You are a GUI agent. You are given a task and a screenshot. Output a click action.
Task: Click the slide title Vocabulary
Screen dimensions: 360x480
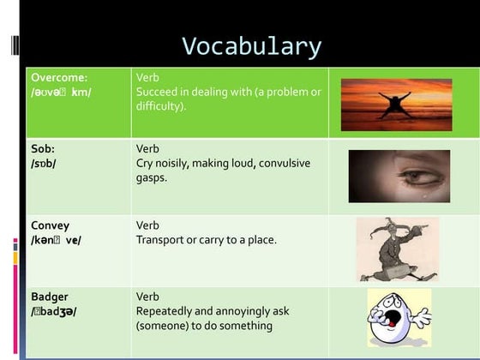pyautogui.click(x=251, y=46)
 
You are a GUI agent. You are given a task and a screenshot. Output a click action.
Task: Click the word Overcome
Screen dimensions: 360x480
pyautogui.click(x=57, y=77)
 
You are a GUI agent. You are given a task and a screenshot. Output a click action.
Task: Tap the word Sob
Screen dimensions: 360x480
pyautogui.click(x=43, y=148)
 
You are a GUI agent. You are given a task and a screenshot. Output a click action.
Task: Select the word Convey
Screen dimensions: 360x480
pyautogui.click(x=50, y=225)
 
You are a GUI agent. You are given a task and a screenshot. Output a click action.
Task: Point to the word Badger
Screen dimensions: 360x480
pyautogui.click(x=50, y=297)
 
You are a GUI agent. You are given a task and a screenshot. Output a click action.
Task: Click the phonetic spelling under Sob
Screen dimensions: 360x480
pyautogui.click(x=45, y=163)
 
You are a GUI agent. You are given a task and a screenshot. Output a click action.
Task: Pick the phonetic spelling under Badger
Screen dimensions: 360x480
pyautogui.click(x=53, y=311)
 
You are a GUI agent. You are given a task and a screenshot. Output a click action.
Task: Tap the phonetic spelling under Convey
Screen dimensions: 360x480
pyautogui.click(x=56, y=240)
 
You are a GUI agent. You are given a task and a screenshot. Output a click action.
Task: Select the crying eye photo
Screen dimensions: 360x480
pyautogui.click(x=399, y=175)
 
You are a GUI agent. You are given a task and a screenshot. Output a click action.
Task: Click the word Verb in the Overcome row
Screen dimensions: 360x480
pyautogui.click(x=147, y=77)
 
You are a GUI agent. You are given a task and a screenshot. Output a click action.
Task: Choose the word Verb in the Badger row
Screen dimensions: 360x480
pyautogui.click(x=147, y=297)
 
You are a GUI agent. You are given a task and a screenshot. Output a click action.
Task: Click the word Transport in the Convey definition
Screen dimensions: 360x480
pyautogui.click(x=159, y=240)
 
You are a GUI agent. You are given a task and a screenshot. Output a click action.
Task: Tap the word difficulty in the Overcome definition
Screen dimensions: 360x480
pyautogui.click(x=159, y=106)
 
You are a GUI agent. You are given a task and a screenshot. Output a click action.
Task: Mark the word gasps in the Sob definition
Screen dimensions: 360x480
pyautogui.click(x=151, y=177)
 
